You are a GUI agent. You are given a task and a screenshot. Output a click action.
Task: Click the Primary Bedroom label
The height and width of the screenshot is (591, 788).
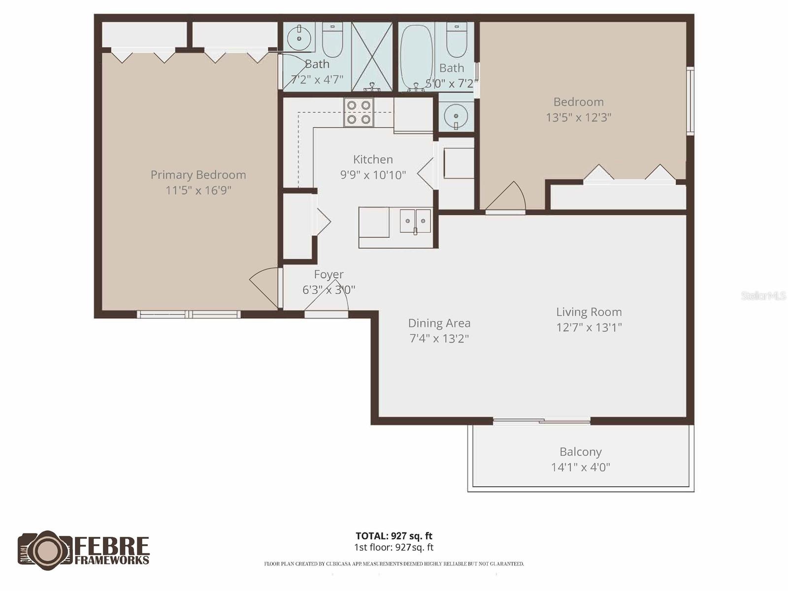[198, 175]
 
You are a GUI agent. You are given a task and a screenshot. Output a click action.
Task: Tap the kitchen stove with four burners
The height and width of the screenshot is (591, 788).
[359, 112]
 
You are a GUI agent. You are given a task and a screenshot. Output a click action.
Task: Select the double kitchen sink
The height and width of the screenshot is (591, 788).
[415, 221]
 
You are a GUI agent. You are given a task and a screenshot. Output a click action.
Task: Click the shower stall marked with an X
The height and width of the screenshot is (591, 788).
[372, 57]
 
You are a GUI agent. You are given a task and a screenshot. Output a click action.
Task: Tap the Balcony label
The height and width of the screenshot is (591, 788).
[580, 452]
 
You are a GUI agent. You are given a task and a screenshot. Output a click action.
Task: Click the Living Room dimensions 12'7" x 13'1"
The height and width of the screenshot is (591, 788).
[589, 328]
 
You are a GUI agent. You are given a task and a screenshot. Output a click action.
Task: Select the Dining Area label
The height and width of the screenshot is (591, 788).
[439, 323]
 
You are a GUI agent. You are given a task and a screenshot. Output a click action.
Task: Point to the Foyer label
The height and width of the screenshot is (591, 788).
[328, 274]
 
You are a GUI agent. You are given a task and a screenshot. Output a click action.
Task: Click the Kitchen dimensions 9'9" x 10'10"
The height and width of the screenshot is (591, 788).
[373, 175]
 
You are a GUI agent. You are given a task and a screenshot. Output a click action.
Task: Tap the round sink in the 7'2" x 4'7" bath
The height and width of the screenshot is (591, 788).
[299, 37]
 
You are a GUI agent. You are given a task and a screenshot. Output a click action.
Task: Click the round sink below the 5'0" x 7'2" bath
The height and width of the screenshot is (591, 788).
[456, 116]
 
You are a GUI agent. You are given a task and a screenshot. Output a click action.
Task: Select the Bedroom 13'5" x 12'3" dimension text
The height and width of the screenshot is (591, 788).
[578, 117]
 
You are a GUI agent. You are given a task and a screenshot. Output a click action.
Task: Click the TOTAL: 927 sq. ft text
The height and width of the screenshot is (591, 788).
[394, 536]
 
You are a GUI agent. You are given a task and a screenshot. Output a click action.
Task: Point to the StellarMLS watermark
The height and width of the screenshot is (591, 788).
[763, 295]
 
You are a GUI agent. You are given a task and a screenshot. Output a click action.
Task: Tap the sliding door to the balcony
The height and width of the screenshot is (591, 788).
[542, 421]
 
